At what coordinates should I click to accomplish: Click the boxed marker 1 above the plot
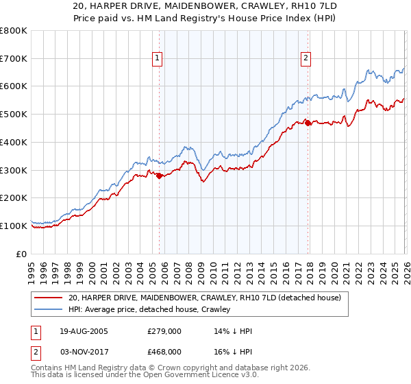[x=158, y=59]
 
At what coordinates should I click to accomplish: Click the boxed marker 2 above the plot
[x=306, y=59]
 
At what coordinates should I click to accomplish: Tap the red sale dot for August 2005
[x=159, y=176]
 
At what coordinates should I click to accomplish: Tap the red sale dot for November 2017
[x=308, y=123]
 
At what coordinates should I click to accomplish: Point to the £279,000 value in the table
[x=163, y=331]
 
